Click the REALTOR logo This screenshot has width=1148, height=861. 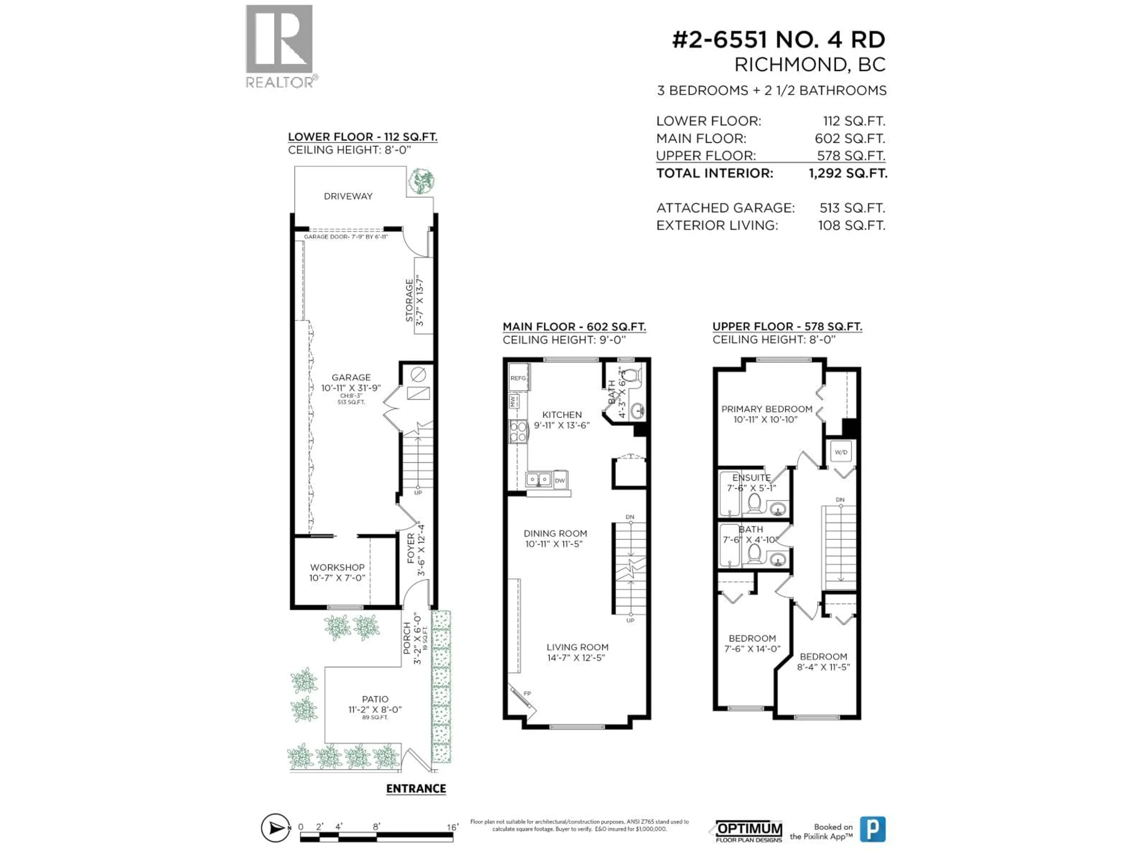click(279, 46)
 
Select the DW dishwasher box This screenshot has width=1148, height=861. click(559, 480)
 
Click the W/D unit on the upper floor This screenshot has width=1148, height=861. click(841, 452)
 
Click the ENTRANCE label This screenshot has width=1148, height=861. click(416, 788)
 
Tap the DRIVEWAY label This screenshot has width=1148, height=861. click(348, 196)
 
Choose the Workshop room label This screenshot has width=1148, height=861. click(337, 567)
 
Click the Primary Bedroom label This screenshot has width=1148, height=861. click(767, 409)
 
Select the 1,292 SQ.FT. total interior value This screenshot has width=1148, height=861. click(848, 173)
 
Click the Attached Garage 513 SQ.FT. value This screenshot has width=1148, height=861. click(852, 208)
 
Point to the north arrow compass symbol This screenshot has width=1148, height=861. click(275, 827)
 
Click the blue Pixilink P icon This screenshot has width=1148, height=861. click(872, 829)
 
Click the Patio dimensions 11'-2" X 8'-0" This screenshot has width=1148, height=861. click(375, 709)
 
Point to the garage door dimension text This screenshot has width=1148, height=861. click(346, 237)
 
